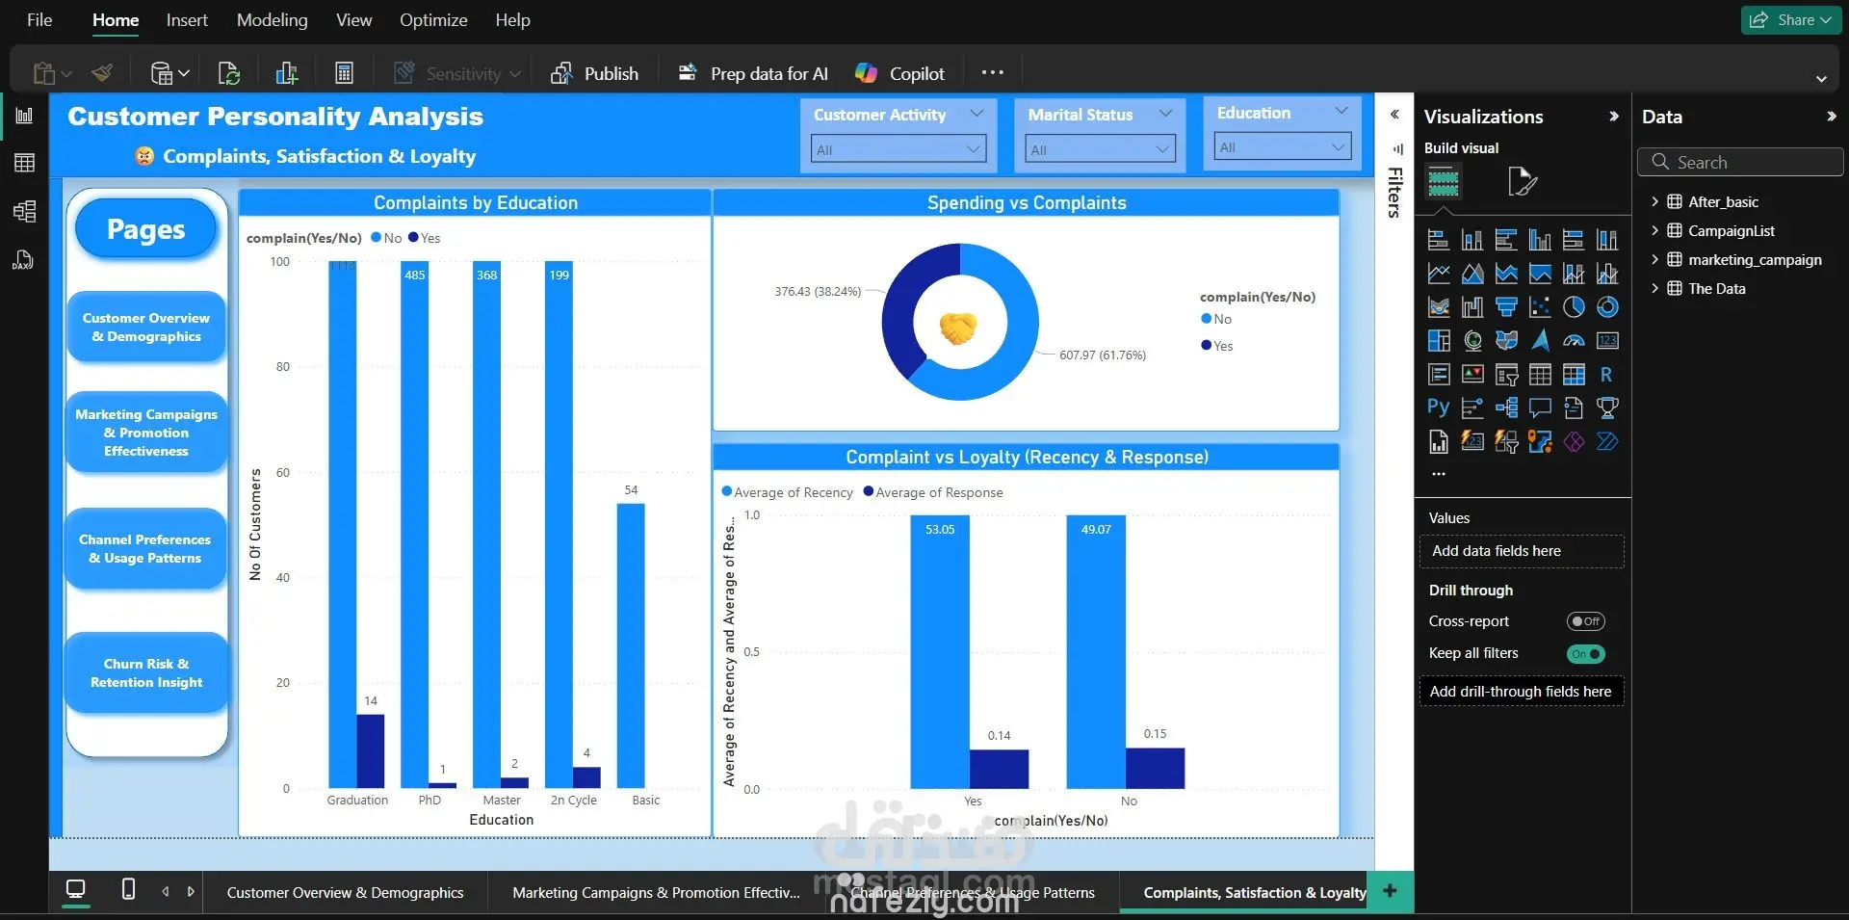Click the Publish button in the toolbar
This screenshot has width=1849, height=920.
pos(595,73)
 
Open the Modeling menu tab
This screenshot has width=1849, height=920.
pos(272,20)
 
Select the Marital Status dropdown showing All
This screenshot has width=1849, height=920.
pos(1099,149)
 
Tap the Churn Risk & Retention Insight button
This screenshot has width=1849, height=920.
pos(146,672)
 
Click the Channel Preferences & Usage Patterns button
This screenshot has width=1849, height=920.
pos(145,548)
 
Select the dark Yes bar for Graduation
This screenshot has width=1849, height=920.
pos(371,750)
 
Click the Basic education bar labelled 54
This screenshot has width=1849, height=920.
pos(631,644)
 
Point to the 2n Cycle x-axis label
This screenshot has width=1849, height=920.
pos(573,801)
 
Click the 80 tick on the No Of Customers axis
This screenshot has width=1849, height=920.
pos(282,367)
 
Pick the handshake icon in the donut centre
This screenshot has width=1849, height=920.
pos(958,328)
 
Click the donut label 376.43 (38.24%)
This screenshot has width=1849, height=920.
pos(818,292)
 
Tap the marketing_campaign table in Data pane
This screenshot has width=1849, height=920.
pos(1754,260)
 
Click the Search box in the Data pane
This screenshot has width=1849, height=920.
pos(1741,163)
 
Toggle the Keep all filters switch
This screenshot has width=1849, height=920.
pos(1585,654)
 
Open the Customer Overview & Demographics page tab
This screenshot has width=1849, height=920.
pos(345,893)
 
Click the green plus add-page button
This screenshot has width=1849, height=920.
pos(1390,891)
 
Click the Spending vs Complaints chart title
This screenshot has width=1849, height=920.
pos(1026,203)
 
